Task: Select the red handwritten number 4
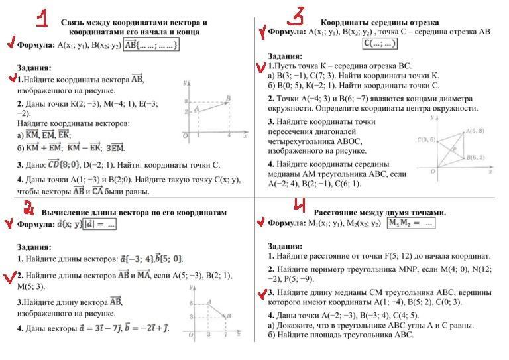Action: pyautogui.click(x=299, y=204)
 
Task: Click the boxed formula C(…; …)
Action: pyautogui.click(x=380, y=44)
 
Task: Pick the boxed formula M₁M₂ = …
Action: pyautogui.click(x=410, y=223)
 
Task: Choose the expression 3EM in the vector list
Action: pyautogui.click(x=115, y=148)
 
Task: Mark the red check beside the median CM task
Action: pyautogui.click(x=262, y=293)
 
